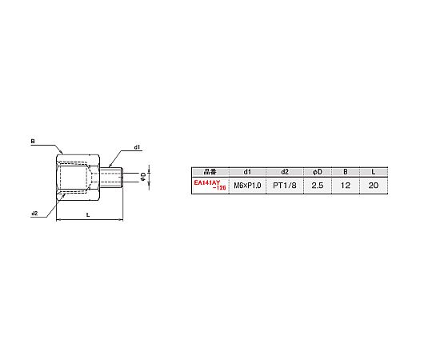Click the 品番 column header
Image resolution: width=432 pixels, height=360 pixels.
click(210, 172)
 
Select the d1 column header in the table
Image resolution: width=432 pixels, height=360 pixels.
click(247, 172)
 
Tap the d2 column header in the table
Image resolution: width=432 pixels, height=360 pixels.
click(285, 172)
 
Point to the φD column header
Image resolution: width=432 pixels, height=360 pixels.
click(318, 172)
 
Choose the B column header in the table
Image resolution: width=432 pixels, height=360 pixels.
click(346, 172)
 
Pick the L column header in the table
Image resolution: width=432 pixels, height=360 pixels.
click(374, 172)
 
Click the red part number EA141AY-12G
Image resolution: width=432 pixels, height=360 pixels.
click(210, 185)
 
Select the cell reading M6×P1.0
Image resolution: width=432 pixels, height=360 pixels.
click(247, 186)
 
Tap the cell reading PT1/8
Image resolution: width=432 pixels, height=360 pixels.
click(285, 186)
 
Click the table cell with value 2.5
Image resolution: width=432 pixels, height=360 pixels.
click(318, 186)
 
